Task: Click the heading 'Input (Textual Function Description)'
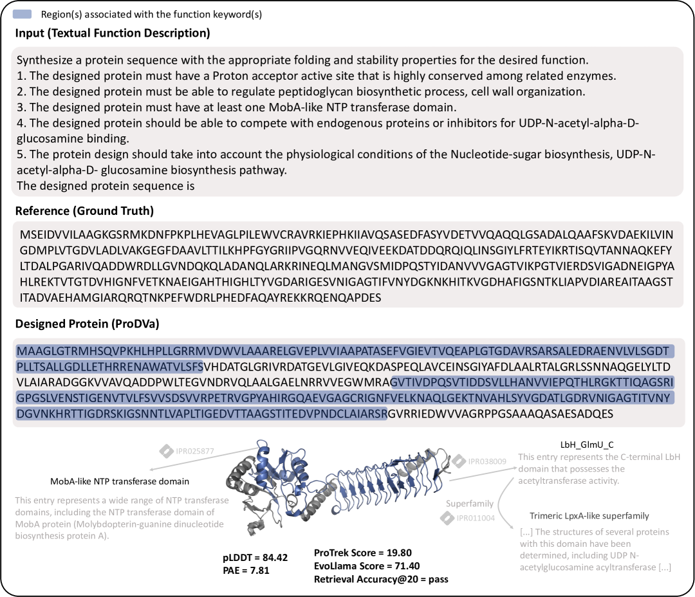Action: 113,33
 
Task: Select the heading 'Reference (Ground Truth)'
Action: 84,211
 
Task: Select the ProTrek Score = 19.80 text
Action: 362,553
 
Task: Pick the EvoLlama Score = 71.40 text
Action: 366,565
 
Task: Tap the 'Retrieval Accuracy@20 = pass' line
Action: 381,579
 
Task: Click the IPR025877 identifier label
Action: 194,452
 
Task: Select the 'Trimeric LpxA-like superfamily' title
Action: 589,516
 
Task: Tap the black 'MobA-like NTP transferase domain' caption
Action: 120,481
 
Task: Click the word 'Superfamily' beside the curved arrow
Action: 470,504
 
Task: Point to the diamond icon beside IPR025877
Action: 166,452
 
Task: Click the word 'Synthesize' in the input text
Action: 41,60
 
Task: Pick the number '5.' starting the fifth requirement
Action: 21,155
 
